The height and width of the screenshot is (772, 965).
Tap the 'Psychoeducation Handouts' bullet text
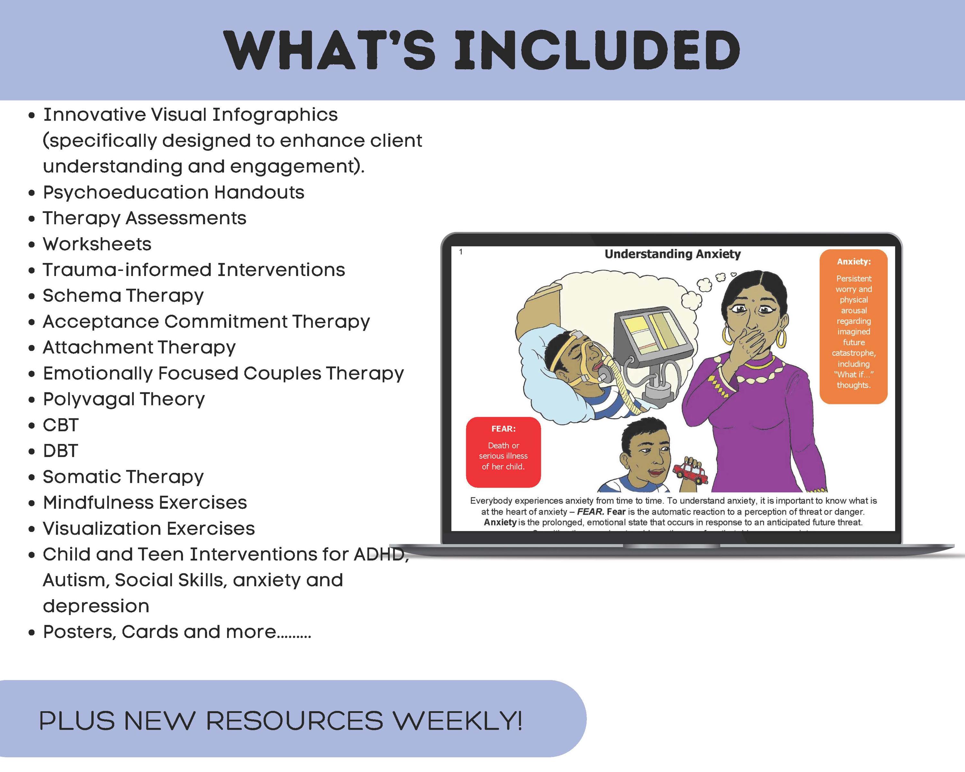(174, 192)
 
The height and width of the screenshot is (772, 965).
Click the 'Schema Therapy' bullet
(123, 296)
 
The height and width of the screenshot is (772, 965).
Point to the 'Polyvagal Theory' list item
(124, 399)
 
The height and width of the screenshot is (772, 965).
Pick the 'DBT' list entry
(61, 451)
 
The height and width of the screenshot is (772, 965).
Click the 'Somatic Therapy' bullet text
(123, 477)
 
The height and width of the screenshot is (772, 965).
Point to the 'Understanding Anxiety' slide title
(672, 254)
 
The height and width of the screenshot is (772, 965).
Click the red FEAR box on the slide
(503, 452)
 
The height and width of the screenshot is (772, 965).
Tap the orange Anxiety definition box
(853, 327)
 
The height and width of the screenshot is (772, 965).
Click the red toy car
(691, 473)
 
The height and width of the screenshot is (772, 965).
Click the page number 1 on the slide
(461, 252)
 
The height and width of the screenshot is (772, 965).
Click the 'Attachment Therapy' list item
(139, 348)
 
